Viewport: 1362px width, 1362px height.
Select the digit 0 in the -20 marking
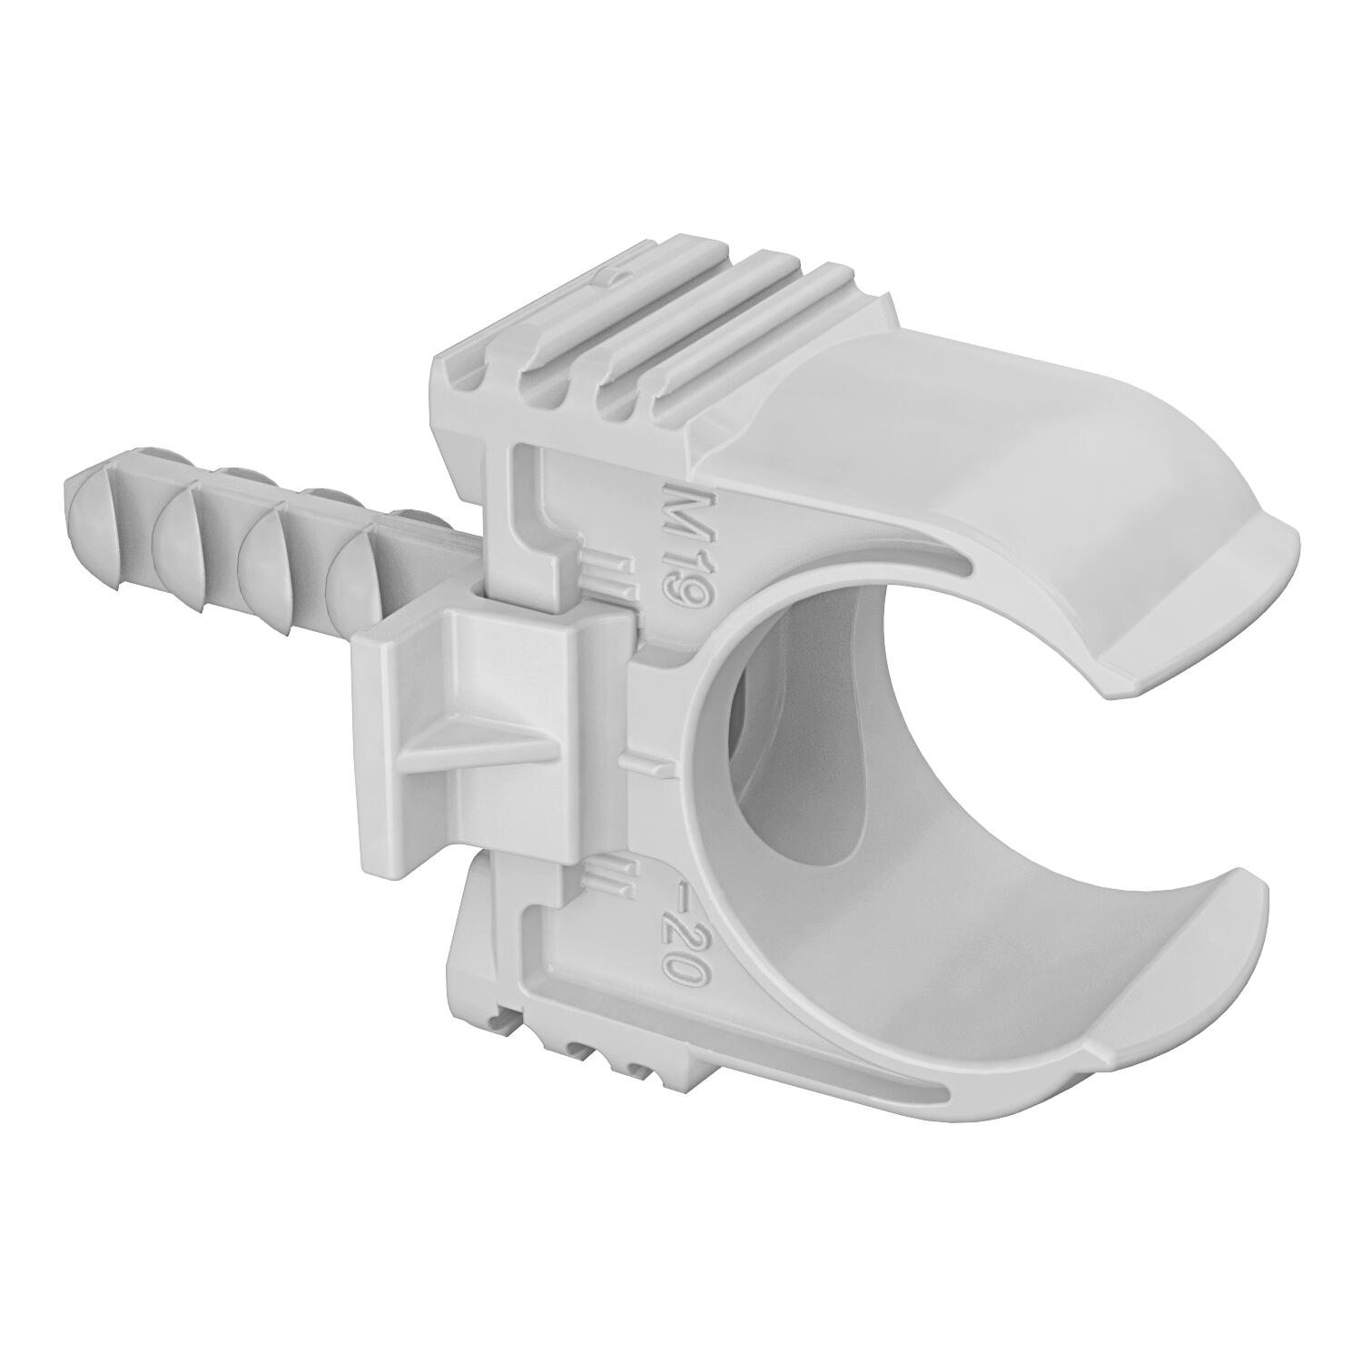(686, 989)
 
